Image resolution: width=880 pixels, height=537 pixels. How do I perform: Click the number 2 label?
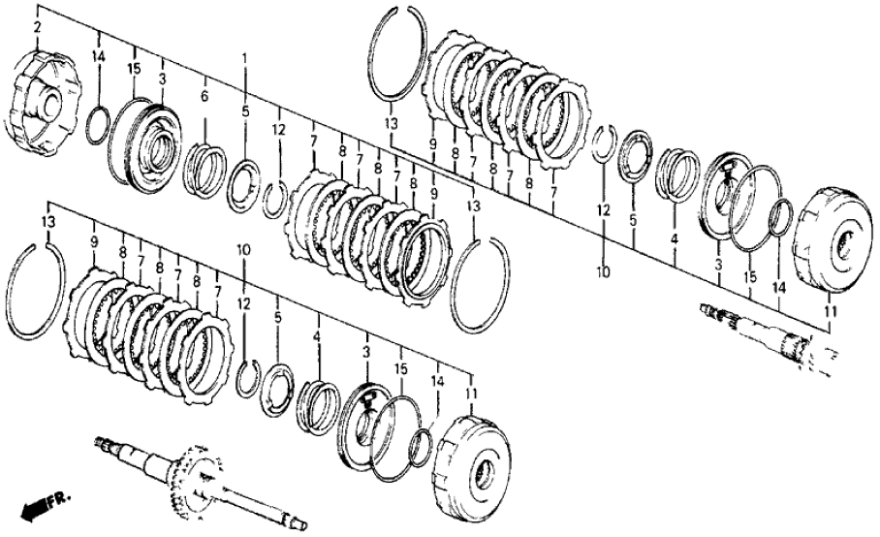click(x=37, y=27)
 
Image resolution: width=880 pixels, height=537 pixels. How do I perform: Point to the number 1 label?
click(x=245, y=58)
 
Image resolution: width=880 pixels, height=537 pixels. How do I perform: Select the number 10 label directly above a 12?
click(x=243, y=249)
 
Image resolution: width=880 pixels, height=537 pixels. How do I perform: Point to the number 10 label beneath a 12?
click(x=603, y=272)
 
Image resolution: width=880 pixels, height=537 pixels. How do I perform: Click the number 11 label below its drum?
click(x=827, y=310)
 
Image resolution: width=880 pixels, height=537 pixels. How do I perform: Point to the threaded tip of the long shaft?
click(x=104, y=445)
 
